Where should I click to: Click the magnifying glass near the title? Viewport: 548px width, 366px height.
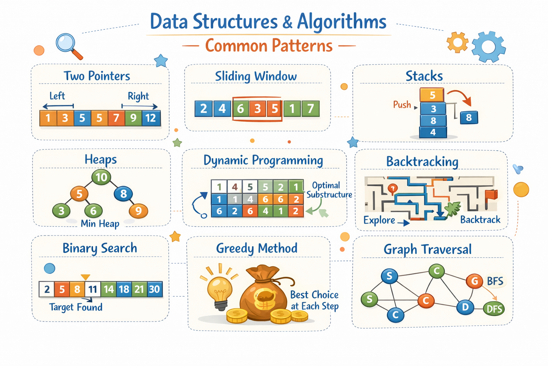(67, 44)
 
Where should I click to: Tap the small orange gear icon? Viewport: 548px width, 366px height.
(457, 42)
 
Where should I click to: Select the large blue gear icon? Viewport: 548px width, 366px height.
(488, 47)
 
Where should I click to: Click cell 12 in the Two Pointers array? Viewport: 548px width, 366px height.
(151, 118)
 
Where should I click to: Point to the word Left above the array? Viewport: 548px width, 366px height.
(57, 96)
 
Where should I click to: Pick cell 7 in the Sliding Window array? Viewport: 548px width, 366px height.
(310, 108)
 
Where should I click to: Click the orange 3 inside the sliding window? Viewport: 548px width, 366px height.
(257, 108)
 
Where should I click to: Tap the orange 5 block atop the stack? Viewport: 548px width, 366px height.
(432, 95)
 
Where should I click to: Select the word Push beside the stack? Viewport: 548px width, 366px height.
(402, 105)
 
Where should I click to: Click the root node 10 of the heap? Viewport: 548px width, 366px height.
(101, 177)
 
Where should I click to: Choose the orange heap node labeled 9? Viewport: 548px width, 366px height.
(138, 211)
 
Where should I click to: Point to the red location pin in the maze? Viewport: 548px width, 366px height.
(392, 188)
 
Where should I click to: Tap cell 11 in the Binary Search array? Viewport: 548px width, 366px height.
(93, 289)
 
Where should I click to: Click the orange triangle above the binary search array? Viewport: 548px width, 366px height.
(85, 277)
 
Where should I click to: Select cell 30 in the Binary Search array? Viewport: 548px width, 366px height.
(154, 289)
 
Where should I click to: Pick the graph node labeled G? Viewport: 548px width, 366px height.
(475, 281)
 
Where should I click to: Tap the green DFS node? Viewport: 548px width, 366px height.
(494, 309)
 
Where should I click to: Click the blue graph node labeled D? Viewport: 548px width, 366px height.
(465, 307)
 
